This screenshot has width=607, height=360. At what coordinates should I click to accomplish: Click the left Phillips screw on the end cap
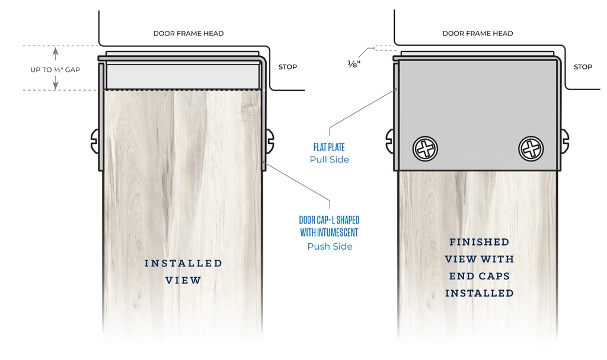(425, 148)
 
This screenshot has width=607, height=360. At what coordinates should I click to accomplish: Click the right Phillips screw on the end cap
(531, 148)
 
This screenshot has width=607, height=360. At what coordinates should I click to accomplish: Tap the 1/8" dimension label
(354, 64)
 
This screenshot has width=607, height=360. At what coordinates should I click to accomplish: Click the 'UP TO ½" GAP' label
(55, 70)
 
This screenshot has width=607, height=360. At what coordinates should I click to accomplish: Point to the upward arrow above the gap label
(55, 53)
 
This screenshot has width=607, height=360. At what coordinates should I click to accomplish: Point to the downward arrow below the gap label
(55, 82)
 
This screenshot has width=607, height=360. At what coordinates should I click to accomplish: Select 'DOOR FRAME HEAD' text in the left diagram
(189, 33)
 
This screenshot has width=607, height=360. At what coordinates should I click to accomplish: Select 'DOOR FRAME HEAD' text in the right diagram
(478, 33)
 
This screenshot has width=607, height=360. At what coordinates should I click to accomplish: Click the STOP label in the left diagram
(287, 67)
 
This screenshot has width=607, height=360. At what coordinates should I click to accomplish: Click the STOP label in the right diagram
(583, 67)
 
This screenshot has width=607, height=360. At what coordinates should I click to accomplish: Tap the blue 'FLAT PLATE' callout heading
(329, 147)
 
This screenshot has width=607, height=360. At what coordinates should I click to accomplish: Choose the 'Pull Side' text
(330, 160)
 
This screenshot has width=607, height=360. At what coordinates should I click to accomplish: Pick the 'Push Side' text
(330, 247)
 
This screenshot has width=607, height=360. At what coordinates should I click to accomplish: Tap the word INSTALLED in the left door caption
(184, 263)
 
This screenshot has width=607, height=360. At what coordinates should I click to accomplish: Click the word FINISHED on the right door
(479, 242)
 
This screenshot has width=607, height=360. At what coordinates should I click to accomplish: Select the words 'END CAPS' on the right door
(479, 276)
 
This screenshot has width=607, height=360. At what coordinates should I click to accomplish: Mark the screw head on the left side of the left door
(94, 141)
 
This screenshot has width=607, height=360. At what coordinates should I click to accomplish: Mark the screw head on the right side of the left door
(270, 141)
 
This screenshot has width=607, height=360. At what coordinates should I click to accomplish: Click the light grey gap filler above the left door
(183, 77)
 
